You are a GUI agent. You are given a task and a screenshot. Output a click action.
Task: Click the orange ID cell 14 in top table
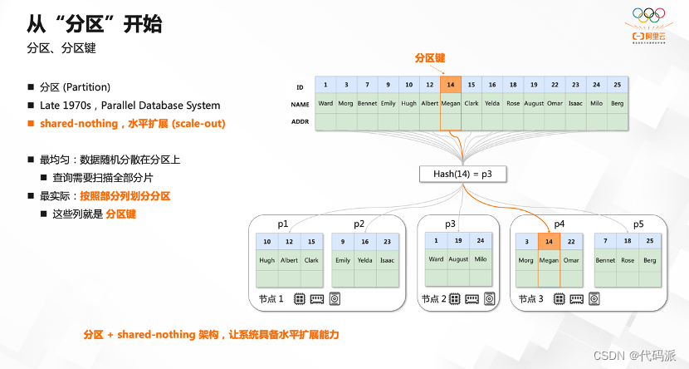(451, 85)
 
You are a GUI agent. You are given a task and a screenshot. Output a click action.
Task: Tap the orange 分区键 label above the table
(430, 58)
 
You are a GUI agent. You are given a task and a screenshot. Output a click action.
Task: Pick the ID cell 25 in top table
(618, 85)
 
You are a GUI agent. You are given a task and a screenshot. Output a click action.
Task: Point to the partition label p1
(283, 224)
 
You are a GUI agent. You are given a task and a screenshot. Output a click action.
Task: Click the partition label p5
(638, 224)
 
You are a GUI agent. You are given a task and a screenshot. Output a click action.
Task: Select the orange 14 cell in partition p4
(549, 242)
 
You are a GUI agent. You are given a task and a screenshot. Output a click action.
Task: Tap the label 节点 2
(434, 298)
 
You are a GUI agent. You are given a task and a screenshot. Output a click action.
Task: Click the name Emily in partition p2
(342, 260)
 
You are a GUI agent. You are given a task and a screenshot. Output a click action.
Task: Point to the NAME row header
(300, 105)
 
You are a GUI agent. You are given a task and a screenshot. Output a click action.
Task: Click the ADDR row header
(300, 122)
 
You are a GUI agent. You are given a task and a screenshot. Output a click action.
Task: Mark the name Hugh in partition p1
(266, 260)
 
